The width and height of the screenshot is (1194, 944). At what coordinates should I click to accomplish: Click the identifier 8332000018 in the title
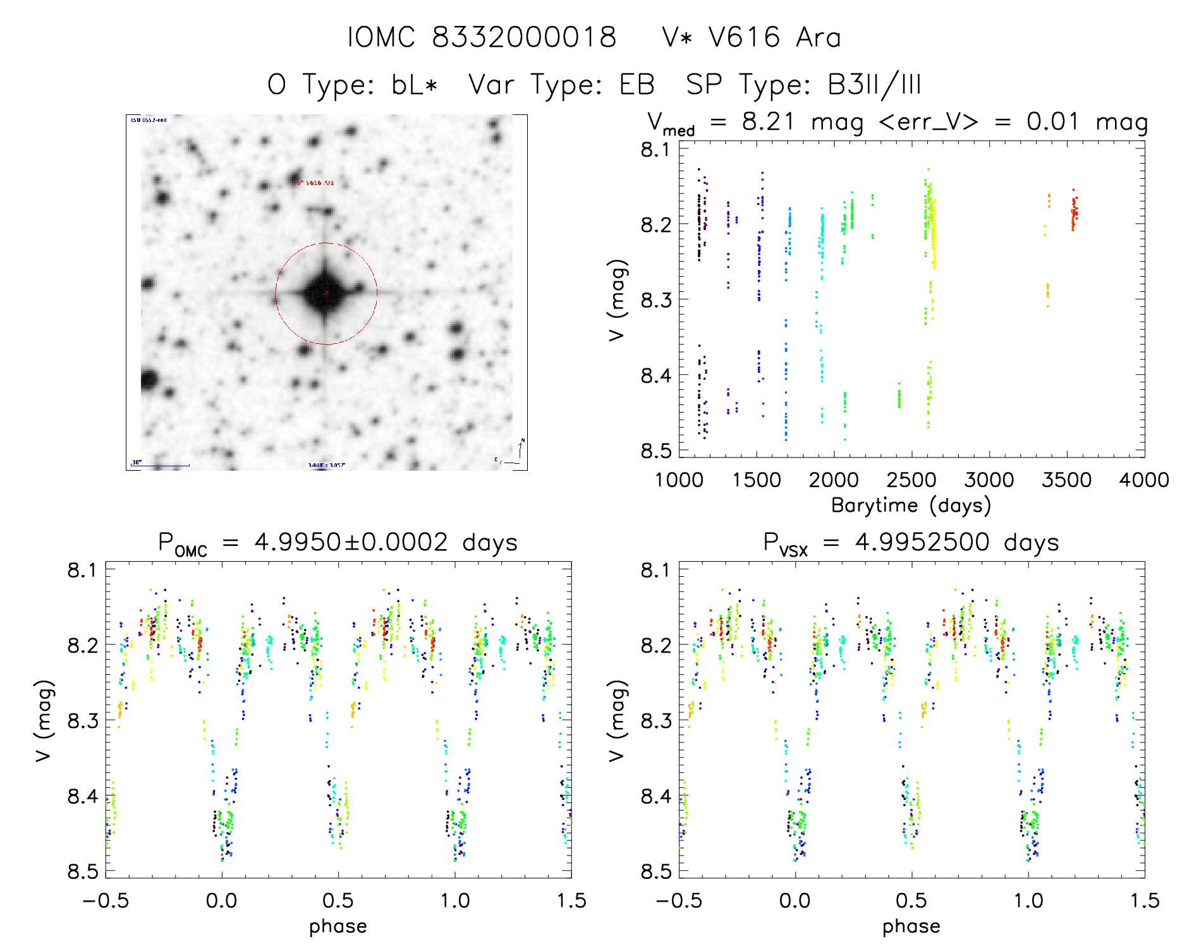pos(524,37)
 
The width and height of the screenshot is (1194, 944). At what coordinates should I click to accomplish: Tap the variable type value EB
pos(637,85)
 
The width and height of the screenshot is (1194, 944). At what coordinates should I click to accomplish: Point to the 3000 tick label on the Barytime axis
pos(989,480)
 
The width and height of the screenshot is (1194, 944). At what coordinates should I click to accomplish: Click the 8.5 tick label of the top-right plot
pos(655,451)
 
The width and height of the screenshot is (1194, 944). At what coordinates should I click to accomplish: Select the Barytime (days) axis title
pos(911,505)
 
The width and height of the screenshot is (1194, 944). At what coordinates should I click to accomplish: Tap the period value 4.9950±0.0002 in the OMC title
pos(351,542)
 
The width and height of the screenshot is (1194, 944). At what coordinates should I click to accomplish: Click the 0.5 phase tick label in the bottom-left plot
pos(338,900)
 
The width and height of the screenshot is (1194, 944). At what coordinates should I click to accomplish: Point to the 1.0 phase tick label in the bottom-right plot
pos(1028,900)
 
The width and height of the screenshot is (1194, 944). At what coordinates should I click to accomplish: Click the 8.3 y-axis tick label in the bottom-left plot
pos(83,720)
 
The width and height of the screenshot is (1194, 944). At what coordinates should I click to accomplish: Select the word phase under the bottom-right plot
pos(911,926)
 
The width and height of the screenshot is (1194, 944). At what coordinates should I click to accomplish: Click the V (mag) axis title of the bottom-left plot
pos(44,720)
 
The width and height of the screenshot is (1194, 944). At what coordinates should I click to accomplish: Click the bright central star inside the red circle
pos(326,293)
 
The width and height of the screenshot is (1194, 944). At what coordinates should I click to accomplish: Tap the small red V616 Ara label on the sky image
pos(316,183)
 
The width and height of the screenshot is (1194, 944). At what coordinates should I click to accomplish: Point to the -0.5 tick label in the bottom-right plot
pos(679,900)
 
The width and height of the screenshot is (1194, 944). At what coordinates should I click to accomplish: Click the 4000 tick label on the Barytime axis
pos(1143,480)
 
